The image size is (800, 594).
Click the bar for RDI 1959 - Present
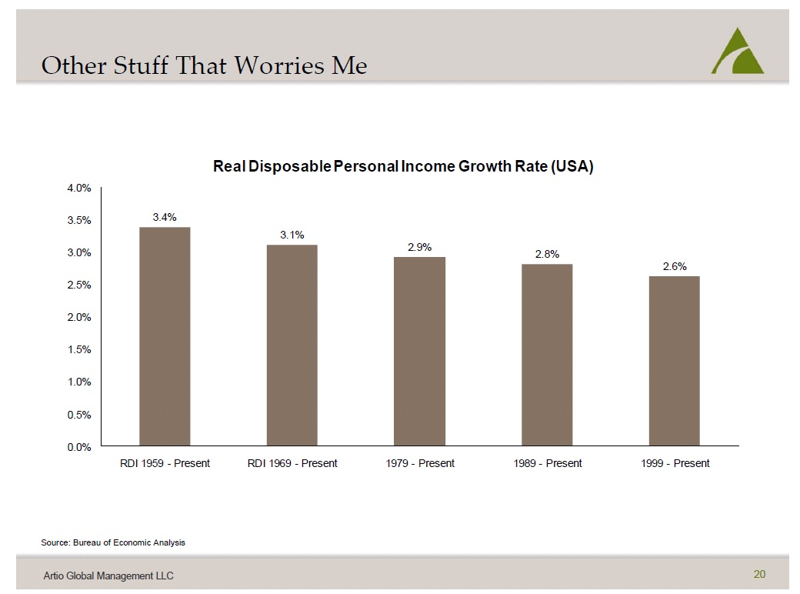click(165, 336)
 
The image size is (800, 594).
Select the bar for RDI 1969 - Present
click(292, 345)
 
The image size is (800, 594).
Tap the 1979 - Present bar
click(419, 351)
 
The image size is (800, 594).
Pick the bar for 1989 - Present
click(547, 355)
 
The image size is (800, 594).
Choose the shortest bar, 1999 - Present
click(675, 361)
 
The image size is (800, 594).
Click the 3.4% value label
click(165, 218)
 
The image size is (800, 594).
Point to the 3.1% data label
click(292, 235)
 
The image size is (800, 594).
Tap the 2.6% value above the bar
click(675, 266)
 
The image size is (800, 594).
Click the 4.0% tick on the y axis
click(79, 189)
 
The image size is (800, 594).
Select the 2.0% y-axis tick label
click(79, 318)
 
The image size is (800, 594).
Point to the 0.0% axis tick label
click(79, 448)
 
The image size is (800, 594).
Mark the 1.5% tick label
click(79, 349)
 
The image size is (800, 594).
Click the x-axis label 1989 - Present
click(548, 463)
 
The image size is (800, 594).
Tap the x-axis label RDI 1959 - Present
click(165, 463)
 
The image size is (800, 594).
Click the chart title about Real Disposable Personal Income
click(403, 166)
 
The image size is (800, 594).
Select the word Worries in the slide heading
click(279, 65)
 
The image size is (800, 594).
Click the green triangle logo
click(738, 51)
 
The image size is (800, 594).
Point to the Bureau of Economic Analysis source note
click(113, 542)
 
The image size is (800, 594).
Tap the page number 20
click(759, 574)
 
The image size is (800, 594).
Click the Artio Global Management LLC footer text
click(108, 576)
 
